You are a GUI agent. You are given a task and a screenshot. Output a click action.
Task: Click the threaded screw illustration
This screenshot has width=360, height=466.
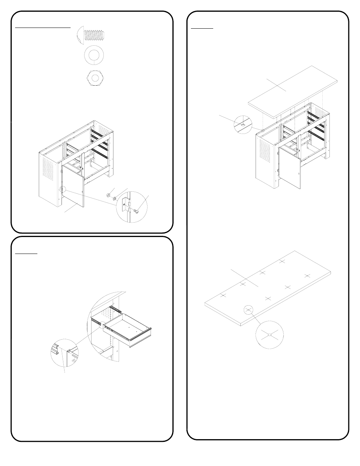[92, 35]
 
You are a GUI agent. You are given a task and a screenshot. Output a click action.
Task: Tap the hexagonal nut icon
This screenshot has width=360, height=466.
[93, 78]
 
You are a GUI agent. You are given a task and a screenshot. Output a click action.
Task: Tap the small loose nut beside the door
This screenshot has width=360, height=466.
[108, 195]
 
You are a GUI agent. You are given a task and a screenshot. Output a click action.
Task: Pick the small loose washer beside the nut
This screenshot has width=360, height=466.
[115, 198]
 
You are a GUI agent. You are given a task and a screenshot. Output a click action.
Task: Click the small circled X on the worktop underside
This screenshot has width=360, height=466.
[248, 310]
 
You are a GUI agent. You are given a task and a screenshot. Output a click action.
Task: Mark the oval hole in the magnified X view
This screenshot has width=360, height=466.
[269, 335]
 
